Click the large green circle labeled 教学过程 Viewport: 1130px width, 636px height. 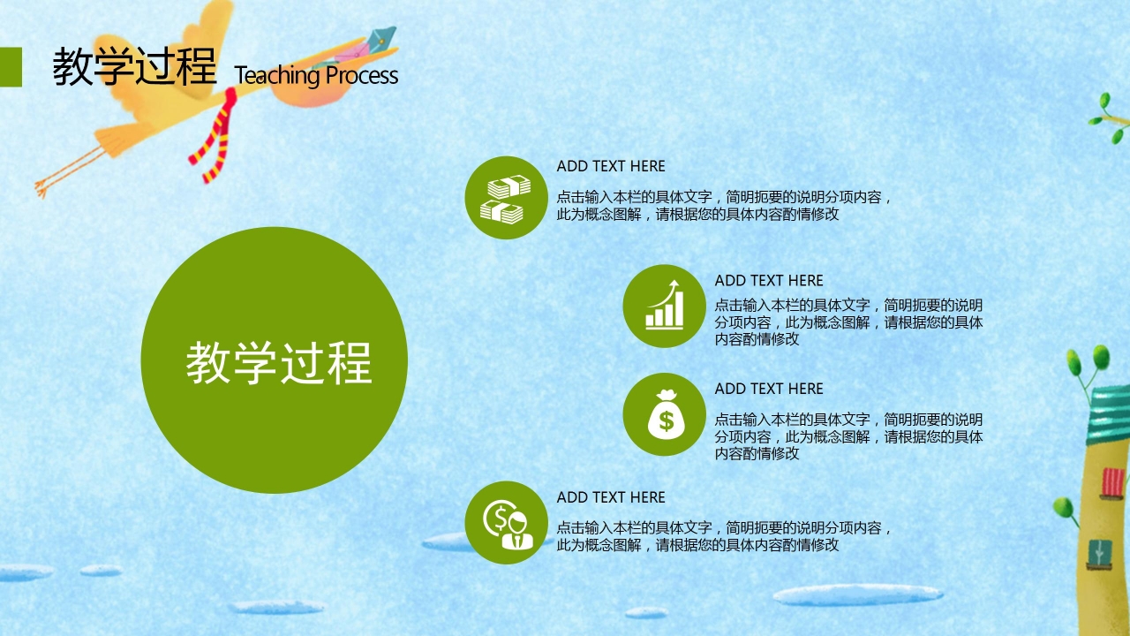click(x=274, y=360)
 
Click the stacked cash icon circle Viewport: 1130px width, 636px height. click(x=506, y=198)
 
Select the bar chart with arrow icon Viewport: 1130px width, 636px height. click(x=664, y=306)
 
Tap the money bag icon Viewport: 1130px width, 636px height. click(x=664, y=414)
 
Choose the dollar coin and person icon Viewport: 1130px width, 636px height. click(x=506, y=522)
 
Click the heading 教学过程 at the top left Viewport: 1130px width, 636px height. click(x=134, y=67)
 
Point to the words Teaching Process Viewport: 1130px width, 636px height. click(x=316, y=76)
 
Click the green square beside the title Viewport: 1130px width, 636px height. click(x=11, y=67)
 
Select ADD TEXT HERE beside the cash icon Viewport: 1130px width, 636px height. click(x=611, y=166)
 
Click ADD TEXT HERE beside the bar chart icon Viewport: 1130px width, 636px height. click(x=769, y=281)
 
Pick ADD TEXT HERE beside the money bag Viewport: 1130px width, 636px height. click(x=769, y=389)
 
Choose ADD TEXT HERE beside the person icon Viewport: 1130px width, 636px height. click(x=611, y=497)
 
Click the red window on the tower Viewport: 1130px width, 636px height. click(x=1113, y=482)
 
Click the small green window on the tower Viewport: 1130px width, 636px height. click(x=1099, y=550)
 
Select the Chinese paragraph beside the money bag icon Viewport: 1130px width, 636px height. click(x=848, y=436)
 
